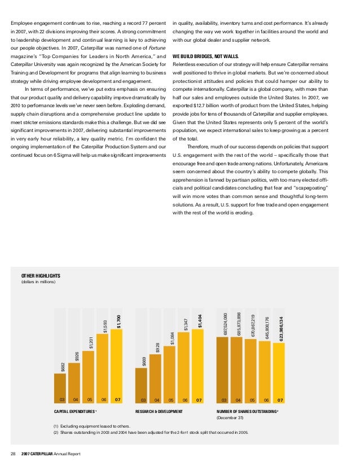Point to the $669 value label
click(x=144, y=361)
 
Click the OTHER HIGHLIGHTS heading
click(x=41, y=276)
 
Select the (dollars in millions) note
click(x=38, y=282)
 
